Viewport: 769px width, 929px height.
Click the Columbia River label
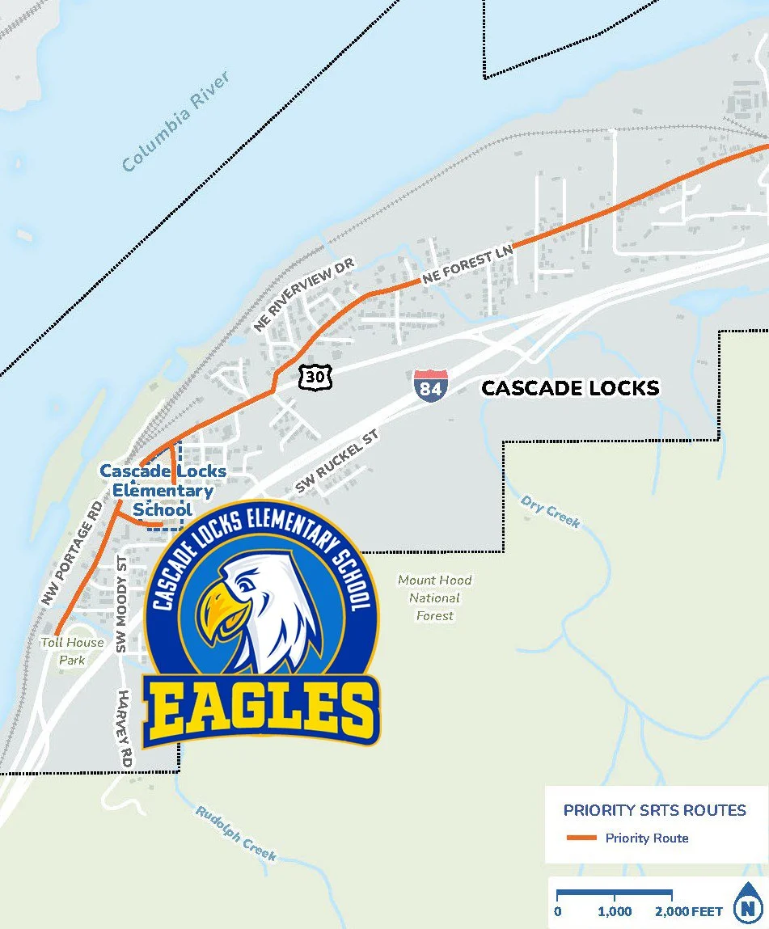tap(176, 120)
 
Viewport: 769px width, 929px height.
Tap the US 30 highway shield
tap(313, 375)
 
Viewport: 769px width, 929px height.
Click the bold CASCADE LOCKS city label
tap(570, 389)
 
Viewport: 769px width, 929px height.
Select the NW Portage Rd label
tap(73, 552)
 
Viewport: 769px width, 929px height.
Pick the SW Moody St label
tap(122, 603)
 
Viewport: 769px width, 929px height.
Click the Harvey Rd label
tap(125, 728)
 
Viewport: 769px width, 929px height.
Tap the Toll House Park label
tap(73, 651)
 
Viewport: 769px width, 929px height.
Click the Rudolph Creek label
tap(235, 833)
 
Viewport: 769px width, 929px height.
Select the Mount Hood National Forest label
tap(435, 598)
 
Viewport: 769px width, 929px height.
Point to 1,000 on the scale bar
tap(615, 911)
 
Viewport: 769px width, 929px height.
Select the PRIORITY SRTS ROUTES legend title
tap(655, 810)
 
